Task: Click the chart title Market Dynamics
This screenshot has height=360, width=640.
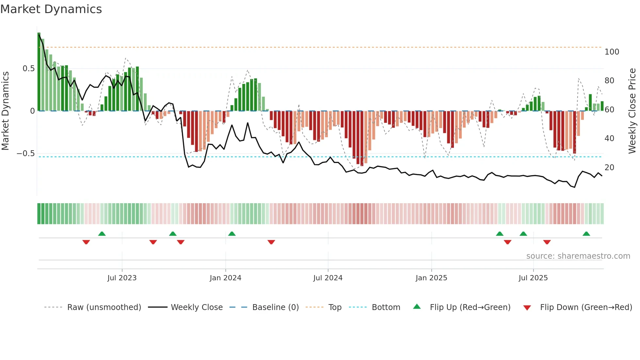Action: click(x=51, y=9)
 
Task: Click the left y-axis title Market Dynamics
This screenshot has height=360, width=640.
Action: click(x=5, y=111)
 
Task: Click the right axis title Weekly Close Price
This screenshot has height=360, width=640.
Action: click(x=632, y=111)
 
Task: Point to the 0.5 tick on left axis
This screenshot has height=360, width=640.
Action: click(x=28, y=69)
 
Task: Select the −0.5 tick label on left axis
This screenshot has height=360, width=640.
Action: click(x=26, y=154)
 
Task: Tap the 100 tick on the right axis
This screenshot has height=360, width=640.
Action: click(x=612, y=52)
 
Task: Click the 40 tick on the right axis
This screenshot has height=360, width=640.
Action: click(x=609, y=139)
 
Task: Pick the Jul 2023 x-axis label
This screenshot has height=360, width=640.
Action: click(x=122, y=278)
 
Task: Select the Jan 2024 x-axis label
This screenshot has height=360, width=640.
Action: click(x=225, y=278)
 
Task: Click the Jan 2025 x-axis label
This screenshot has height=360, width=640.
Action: click(x=431, y=278)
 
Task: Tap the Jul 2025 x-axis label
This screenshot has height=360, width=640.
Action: click(x=533, y=278)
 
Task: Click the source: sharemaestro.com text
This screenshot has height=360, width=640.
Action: click(x=578, y=256)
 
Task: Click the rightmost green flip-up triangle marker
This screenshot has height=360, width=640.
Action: click(x=586, y=234)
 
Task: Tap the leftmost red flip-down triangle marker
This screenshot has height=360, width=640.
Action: click(x=86, y=242)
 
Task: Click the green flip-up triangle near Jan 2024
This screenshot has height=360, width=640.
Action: click(x=232, y=234)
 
